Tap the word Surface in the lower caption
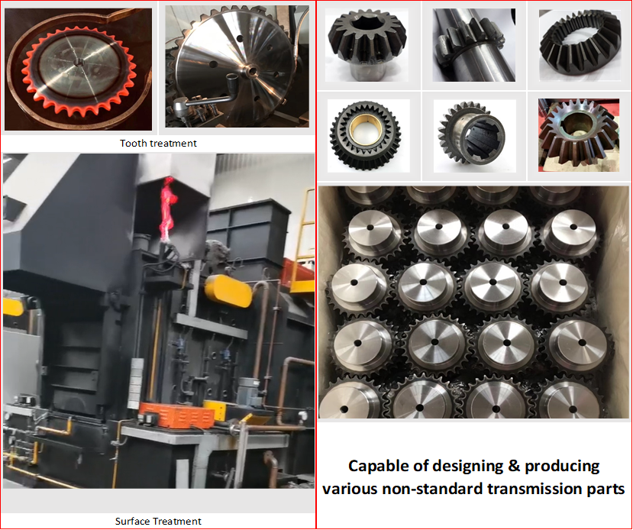point(133,522)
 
